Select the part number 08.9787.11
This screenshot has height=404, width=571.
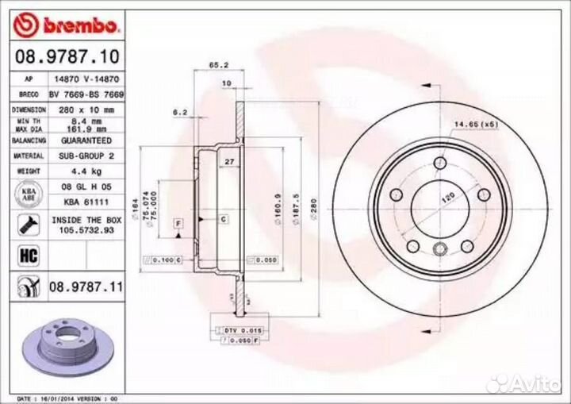[86, 286]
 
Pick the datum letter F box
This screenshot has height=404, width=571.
[178, 224]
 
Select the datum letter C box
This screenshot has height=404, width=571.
[224, 218]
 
